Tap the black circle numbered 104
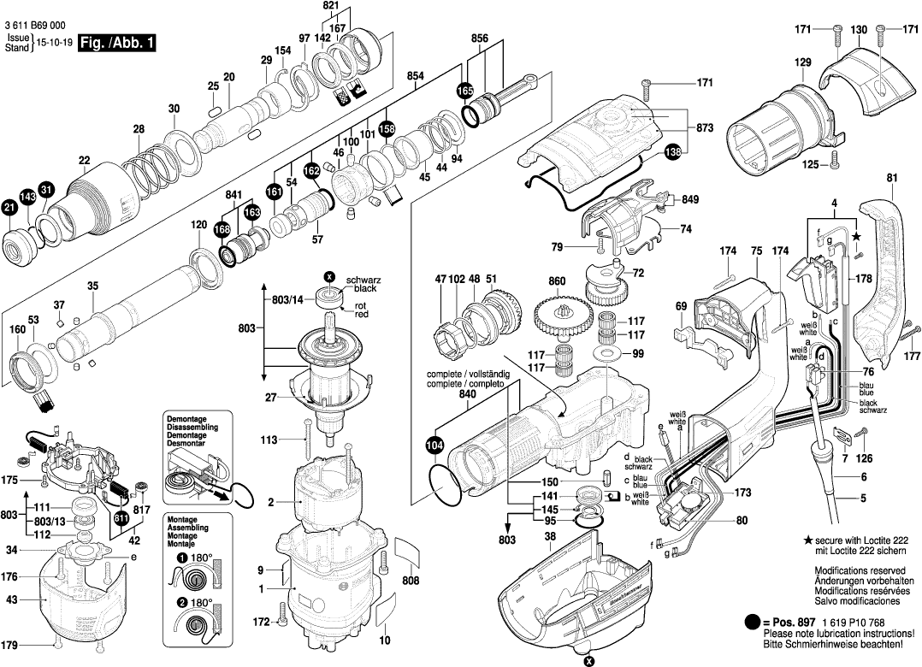click(435, 445)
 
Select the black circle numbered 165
click(464, 91)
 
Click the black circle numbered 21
click(9, 207)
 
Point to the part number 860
click(558, 281)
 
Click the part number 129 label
click(802, 62)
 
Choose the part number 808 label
click(411, 581)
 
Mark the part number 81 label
click(892, 178)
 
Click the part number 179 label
click(9, 644)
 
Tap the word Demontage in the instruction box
click(187, 419)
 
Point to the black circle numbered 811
click(121, 517)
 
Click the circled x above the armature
click(329, 276)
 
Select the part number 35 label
click(92, 286)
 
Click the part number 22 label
click(84, 160)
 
